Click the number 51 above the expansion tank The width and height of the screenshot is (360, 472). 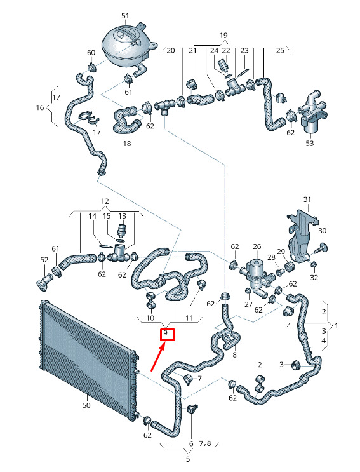coord(125,16)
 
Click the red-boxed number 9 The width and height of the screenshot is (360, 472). coord(165,334)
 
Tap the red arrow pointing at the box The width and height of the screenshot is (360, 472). coord(158,358)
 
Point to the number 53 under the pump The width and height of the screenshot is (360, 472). coord(309,143)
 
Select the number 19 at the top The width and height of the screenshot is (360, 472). coord(223,36)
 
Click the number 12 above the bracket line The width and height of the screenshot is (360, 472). coord(105,201)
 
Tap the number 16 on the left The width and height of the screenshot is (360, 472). coord(40,107)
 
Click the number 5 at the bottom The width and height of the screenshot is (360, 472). coord(188,459)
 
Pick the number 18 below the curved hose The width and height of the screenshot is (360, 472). coord(127,144)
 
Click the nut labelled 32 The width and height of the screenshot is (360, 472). coord(313,264)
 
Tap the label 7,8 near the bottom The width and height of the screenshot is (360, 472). coord(205,443)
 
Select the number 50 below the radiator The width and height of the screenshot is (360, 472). coord(86,405)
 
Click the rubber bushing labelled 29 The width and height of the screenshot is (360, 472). coord(290,266)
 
